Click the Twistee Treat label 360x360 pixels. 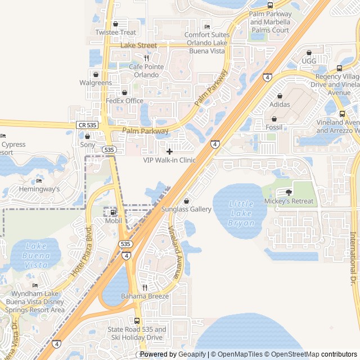[x=115, y=33]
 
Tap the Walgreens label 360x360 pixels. [x=96, y=83]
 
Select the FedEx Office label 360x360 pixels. [x=124, y=101]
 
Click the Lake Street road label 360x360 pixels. [x=139, y=45]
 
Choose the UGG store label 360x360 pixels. [x=309, y=61]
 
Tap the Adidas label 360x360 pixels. [x=280, y=104]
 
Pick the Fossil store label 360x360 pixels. [x=274, y=127]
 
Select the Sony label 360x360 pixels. [x=88, y=145]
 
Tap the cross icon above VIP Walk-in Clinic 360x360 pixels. [x=169, y=151]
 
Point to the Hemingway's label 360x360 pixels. [x=39, y=189]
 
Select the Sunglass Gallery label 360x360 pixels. [x=186, y=209]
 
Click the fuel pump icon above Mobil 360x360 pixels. [x=113, y=213]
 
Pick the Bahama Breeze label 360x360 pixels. [x=145, y=296]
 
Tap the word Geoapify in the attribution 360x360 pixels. [x=192, y=354]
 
